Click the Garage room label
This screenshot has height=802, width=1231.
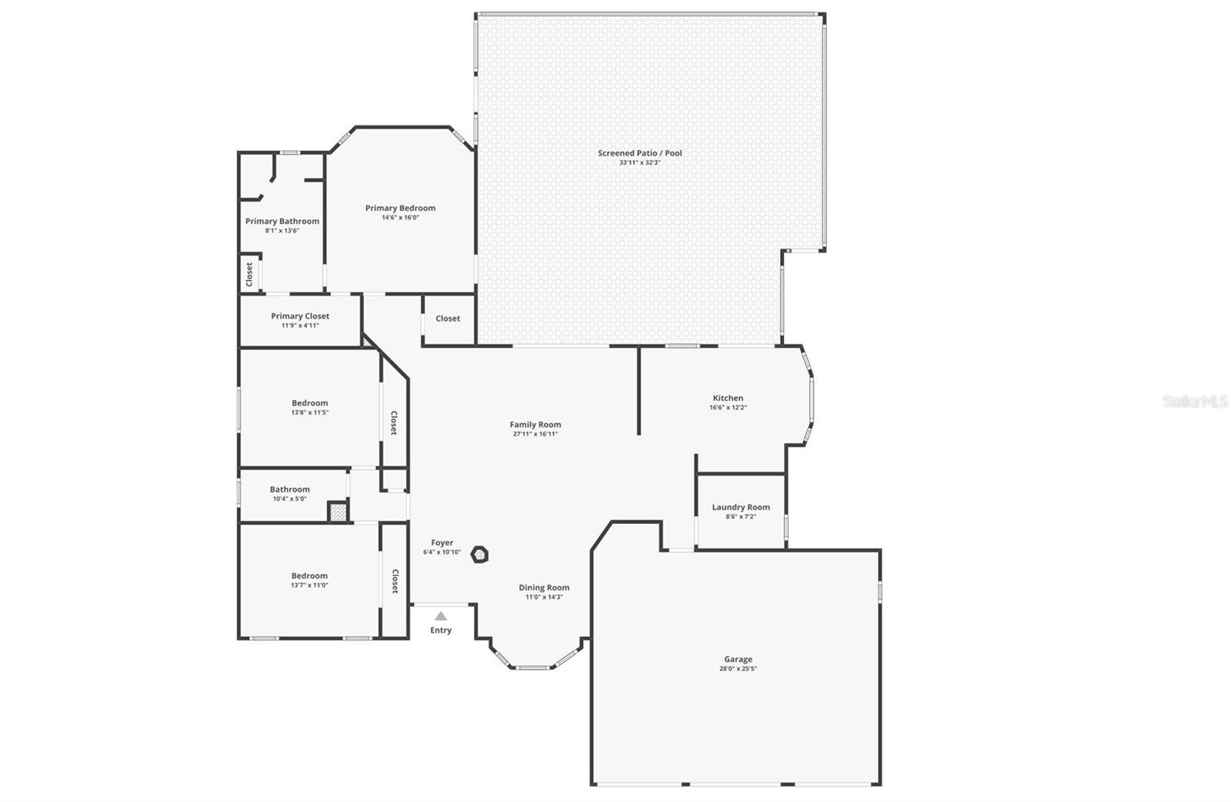[738, 659]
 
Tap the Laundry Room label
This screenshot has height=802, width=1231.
[740, 507]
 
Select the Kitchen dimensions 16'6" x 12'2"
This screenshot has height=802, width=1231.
[728, 407]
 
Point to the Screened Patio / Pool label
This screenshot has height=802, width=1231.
[640, 153]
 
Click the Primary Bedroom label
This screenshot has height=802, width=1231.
[400, 208]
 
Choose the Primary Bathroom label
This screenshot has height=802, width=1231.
[282, 221]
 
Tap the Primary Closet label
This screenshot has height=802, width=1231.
[300, 316]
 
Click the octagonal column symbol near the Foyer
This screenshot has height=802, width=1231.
[480, 554]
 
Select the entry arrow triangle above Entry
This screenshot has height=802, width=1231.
[441, 616]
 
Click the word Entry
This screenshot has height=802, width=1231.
[441, 630]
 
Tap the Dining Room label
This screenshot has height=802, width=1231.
[544, 587]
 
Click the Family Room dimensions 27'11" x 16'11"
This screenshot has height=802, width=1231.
[535, 434]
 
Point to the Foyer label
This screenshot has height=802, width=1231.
[442, 543]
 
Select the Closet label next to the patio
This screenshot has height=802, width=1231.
[448, 319]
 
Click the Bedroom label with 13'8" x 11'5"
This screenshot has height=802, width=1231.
[309, 403]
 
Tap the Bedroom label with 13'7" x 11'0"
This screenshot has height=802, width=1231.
[309, 576]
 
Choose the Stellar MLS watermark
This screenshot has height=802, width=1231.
[1194, 402]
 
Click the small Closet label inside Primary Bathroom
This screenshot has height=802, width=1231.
[249, 274]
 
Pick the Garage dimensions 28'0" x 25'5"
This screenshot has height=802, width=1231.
[738, 669]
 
